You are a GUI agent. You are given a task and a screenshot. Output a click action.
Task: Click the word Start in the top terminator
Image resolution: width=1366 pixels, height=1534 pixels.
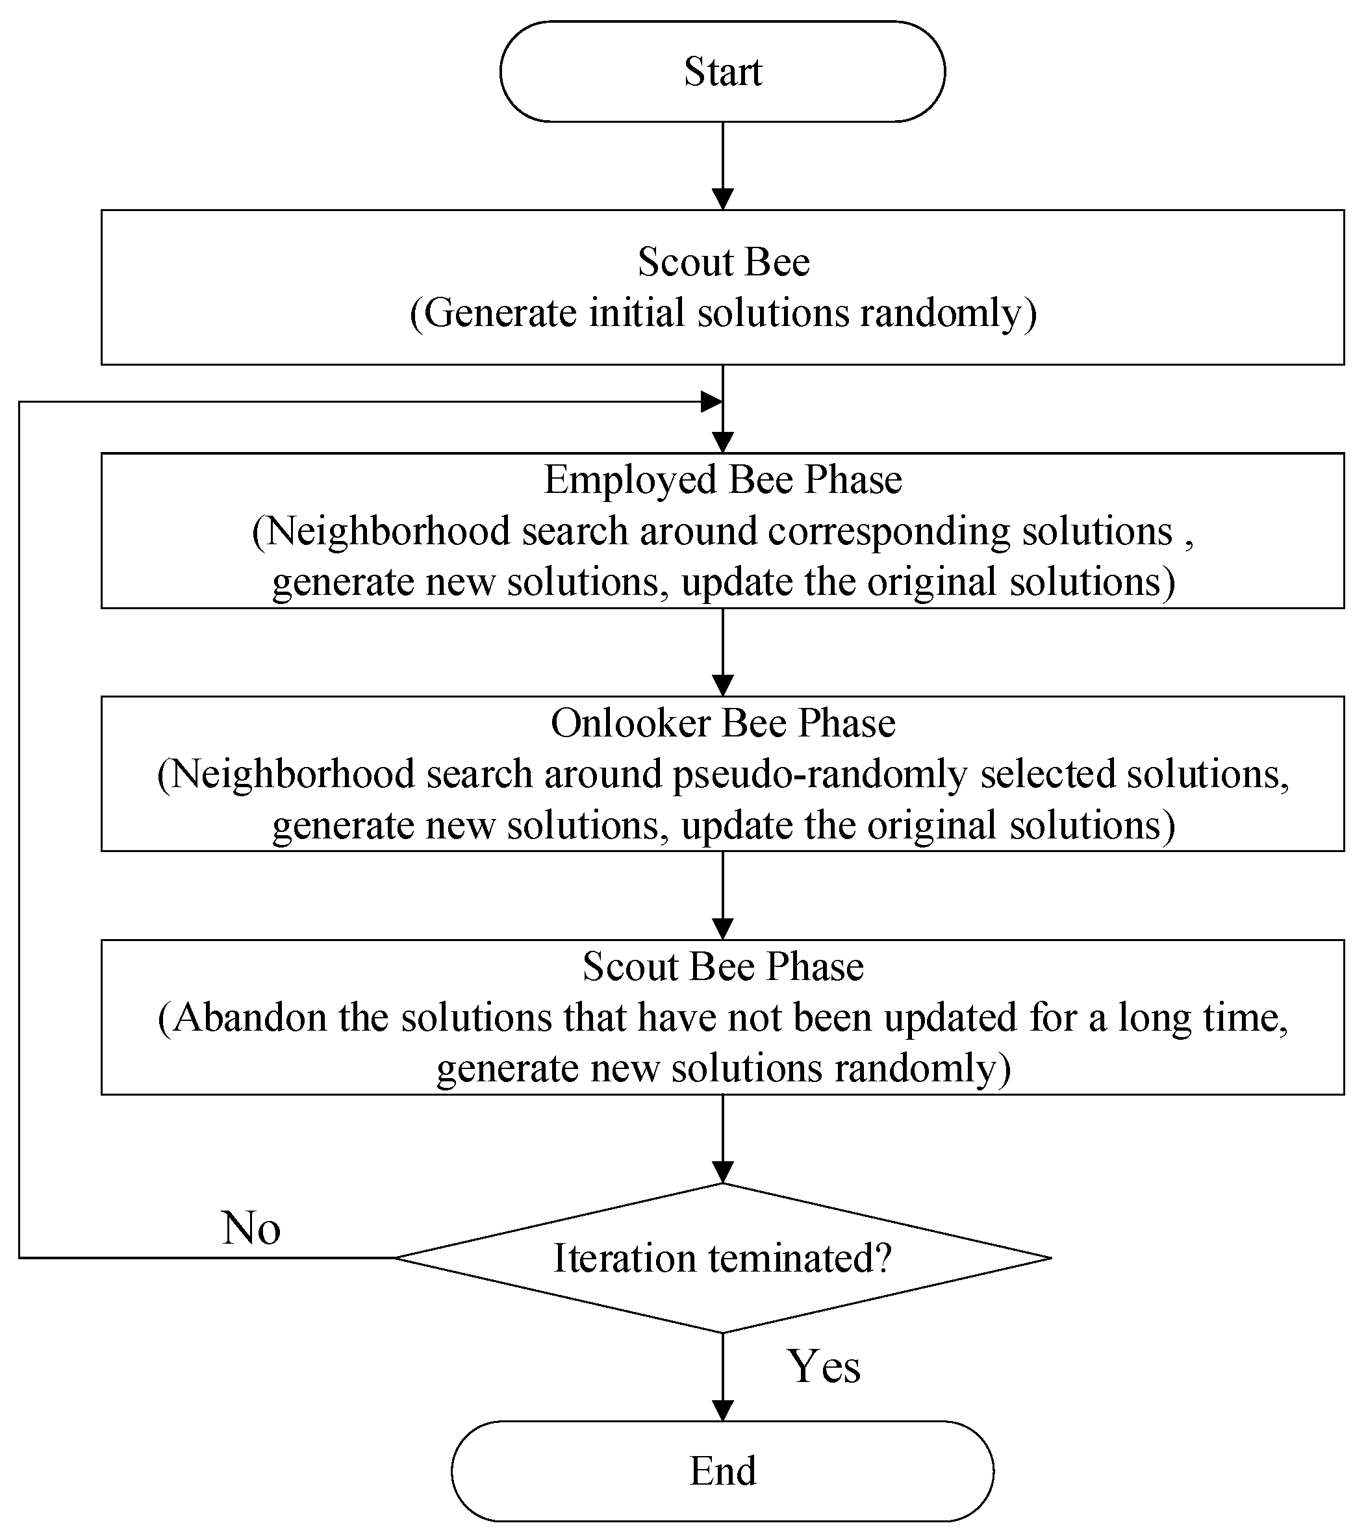722,72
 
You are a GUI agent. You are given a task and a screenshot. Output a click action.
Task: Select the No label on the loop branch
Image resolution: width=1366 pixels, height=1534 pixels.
251,1229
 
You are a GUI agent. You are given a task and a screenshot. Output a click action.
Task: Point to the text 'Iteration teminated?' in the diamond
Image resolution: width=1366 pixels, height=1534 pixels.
722,1258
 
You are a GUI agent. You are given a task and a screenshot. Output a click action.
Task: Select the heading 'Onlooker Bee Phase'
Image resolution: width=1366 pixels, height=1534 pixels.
722,723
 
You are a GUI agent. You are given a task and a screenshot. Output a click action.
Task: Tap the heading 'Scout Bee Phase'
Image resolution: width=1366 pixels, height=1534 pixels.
722,966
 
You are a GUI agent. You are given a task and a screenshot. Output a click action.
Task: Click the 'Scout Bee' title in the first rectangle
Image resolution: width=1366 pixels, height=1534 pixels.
724,262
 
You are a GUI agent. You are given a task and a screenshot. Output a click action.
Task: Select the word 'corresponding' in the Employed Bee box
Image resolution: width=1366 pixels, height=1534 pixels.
889,532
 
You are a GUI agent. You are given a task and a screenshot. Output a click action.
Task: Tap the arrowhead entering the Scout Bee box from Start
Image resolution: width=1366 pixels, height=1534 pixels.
722,199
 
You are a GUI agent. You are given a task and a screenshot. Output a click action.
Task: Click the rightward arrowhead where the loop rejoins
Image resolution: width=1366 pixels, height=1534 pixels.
710,401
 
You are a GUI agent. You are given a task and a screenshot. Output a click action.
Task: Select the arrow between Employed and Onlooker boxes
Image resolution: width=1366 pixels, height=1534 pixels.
722,651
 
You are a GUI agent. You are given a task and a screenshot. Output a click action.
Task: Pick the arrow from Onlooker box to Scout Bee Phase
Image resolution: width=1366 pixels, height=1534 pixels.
722,894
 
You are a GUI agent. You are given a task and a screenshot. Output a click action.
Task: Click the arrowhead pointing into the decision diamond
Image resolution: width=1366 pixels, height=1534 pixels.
722,1172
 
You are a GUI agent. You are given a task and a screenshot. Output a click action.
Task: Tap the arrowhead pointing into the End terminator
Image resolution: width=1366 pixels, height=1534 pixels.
722,1409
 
